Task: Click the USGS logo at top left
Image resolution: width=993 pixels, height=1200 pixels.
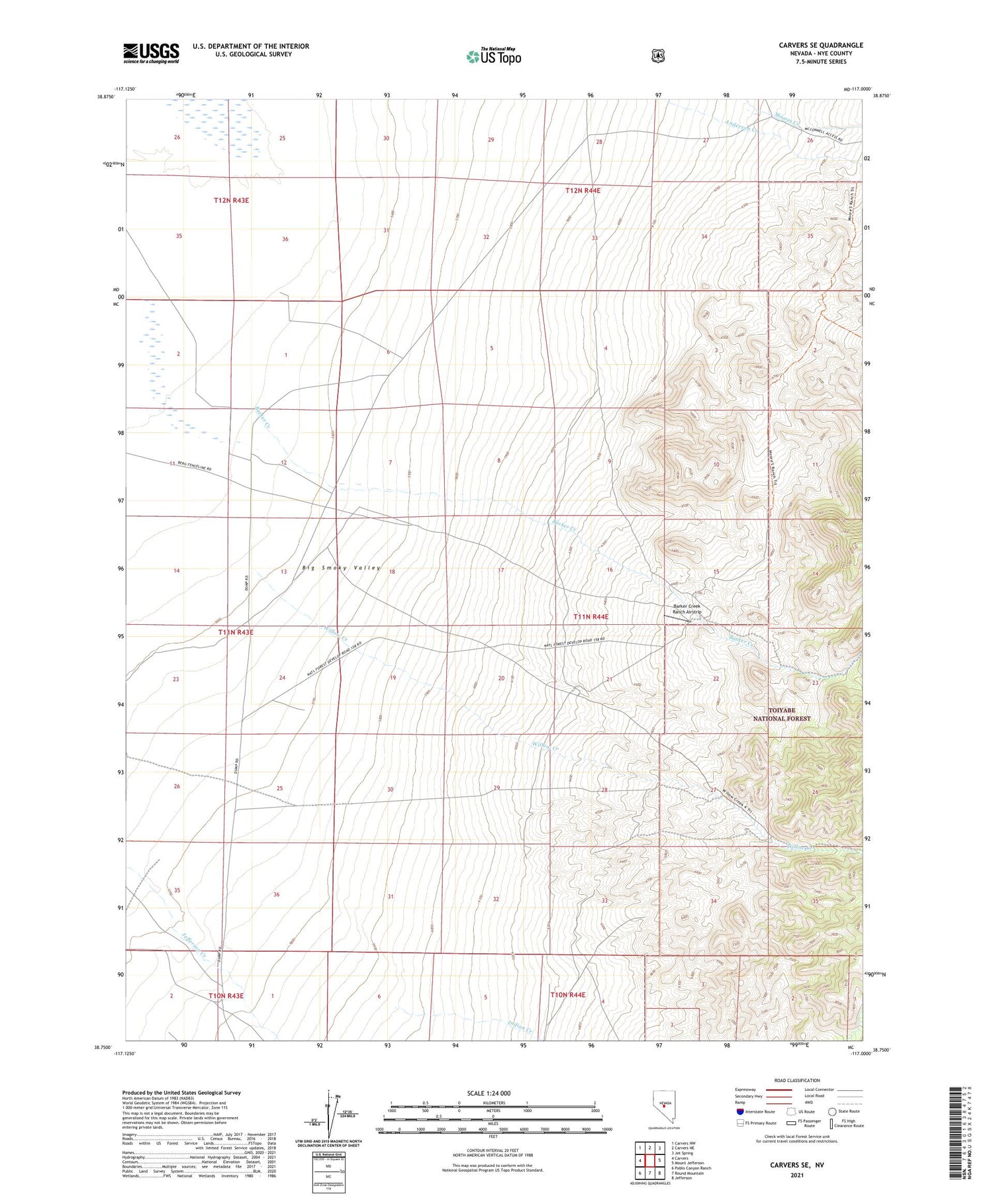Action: click(x=151, y=53)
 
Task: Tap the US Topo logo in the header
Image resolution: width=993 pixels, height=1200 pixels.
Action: click(x=493, y=56)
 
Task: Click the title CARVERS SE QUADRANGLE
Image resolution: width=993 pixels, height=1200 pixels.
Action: click(x=821, y=45)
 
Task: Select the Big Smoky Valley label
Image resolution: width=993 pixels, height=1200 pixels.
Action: click(x=342, y=568)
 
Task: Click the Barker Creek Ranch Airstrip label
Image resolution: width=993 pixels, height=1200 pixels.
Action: click(x=686, y=609)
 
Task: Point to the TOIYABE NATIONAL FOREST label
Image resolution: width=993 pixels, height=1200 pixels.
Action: click(x=781, y=714)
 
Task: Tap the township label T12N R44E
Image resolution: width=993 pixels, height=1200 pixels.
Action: click(x=583, y=191)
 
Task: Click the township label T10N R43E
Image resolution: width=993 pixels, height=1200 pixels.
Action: click(x=226, y=995)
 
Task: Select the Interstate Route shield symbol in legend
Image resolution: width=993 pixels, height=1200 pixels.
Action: click(x=739, y=1112)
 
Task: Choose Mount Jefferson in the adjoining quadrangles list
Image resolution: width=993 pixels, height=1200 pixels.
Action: click(x=688, y=1163)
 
